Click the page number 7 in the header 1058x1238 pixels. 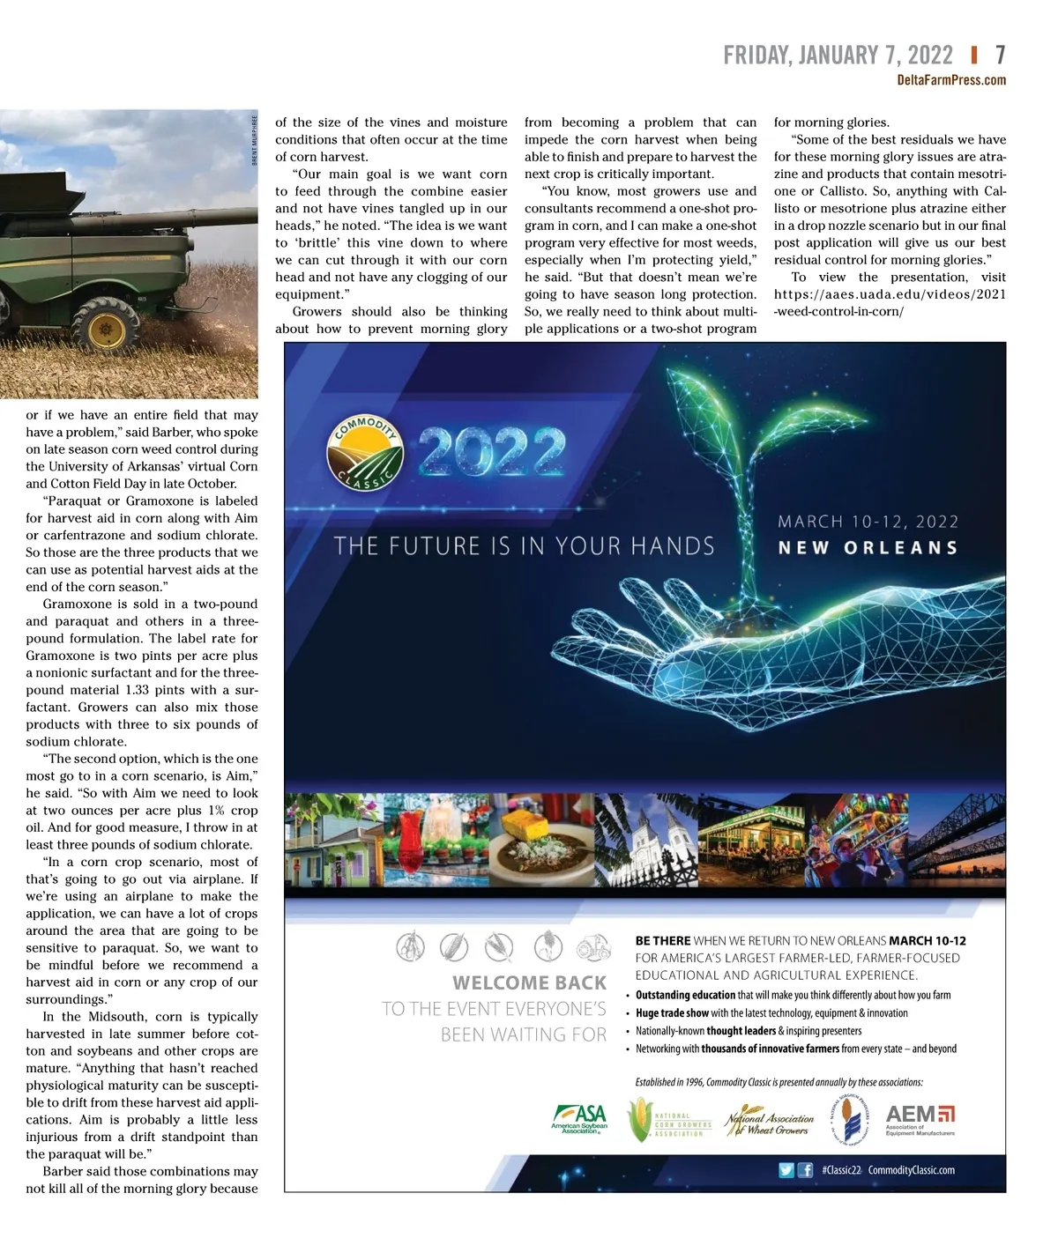pos(1000,56)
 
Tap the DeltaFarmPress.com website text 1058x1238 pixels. pos(951,80)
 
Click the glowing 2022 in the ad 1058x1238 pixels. pos(492,452)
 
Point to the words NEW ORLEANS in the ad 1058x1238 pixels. pos(868,548)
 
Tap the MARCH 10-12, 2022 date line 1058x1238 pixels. pos(868,522)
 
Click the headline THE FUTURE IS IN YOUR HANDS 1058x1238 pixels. pos(524,546)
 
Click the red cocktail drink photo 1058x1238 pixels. pos(411,838)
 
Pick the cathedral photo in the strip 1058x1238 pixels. pos(646,839)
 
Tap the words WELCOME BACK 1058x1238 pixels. pos(529,982)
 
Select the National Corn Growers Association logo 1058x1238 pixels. pos(670,1120)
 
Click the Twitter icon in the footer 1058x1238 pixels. pos(786,1170)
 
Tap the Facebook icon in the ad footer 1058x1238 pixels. pos(805,1170)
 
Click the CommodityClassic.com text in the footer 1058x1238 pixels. pos(911,1170)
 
